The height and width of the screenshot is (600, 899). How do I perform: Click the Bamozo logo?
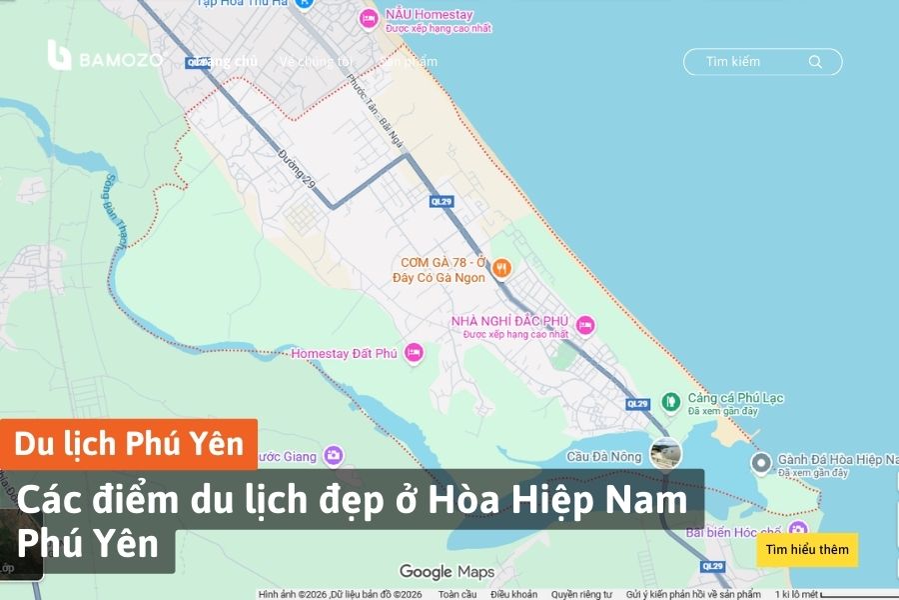click(x=104, y=57)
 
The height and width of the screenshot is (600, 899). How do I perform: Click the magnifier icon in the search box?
click(x=815, y=62)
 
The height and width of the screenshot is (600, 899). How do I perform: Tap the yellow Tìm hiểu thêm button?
click(x=807, y=549)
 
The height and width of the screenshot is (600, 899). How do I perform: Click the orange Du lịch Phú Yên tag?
click(x=129, y=444)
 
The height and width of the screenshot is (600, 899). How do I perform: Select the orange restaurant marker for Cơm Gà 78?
click(x=502, y=268)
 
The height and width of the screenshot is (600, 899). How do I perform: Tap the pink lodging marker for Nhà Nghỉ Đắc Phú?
click(x=585, y=325)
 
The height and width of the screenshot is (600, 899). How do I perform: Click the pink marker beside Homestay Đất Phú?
click(x=414, y=353)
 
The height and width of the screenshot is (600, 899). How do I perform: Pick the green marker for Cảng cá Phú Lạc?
click(x=671, y=402)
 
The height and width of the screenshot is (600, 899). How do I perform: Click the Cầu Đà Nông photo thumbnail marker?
click(x=665, y=453)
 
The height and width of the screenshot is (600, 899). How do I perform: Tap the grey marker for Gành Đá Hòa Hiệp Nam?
click(x=761, y=462)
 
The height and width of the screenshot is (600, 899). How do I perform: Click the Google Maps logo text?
click(x=447, y=572)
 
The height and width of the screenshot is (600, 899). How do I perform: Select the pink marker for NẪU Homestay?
click(x=367, y=18)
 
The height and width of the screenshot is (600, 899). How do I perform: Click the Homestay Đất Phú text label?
click(x=344, y=353)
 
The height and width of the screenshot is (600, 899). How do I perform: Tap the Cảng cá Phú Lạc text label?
click(x=735, y=398)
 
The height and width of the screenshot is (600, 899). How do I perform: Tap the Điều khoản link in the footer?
click(x=513, y=594)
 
